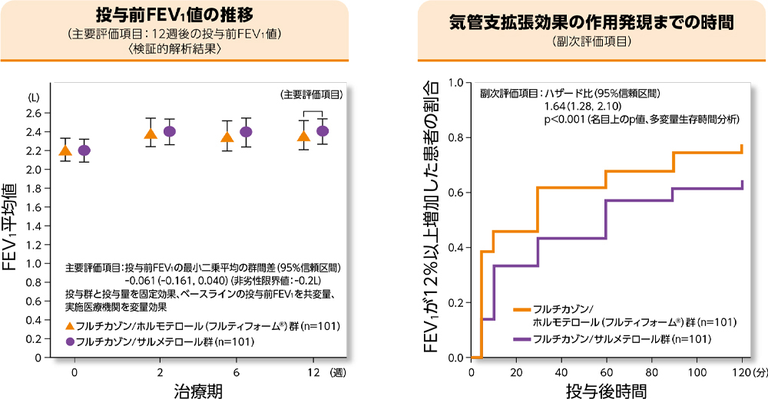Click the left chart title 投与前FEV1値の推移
click(x=176, y=15)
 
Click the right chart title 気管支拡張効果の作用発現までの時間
click(x=591, y=22)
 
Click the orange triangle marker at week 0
click(x=65, y=150)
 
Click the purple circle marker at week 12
click(x=323, y=131)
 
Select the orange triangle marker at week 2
click(x=151, y=135)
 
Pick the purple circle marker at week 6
click(x=246, y=132)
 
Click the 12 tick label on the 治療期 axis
click(x=312, y=372)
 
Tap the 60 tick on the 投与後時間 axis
click(x=607, y=372)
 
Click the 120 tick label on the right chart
click(x=740, y=372)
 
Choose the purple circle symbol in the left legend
click(x=70, y=341)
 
